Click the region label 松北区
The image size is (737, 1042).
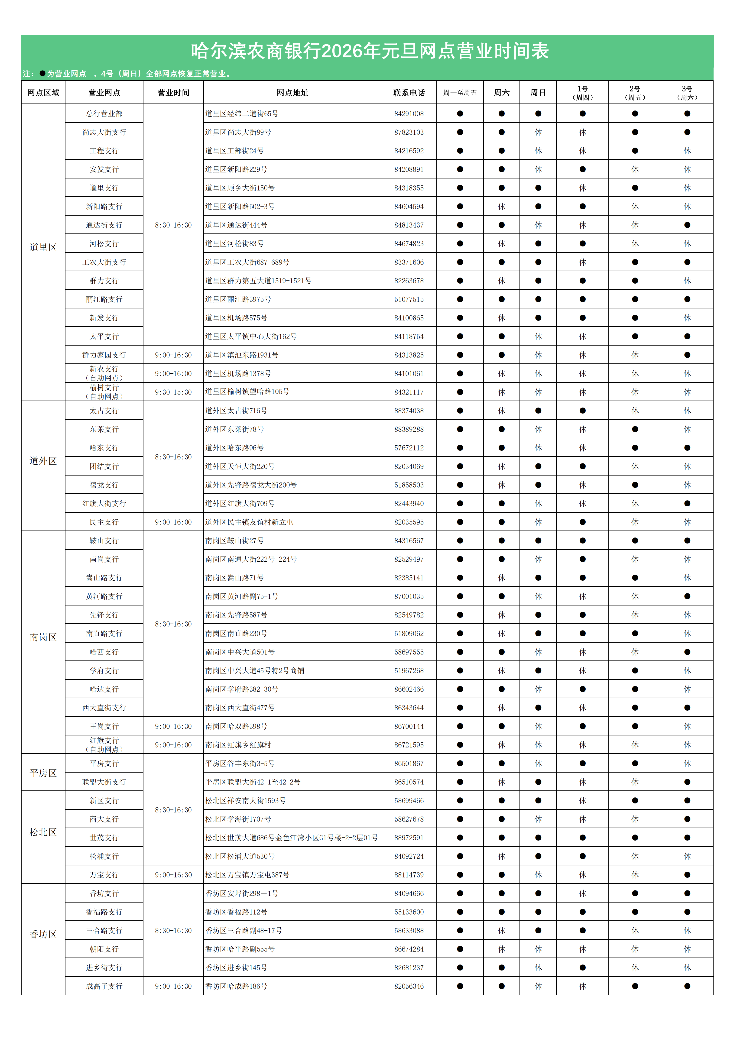43,832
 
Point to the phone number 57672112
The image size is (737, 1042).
409,448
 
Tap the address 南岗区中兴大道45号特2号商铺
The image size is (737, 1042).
255,671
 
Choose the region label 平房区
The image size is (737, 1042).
43,773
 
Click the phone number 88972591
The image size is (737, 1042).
409,838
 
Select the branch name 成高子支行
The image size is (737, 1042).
104,986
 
